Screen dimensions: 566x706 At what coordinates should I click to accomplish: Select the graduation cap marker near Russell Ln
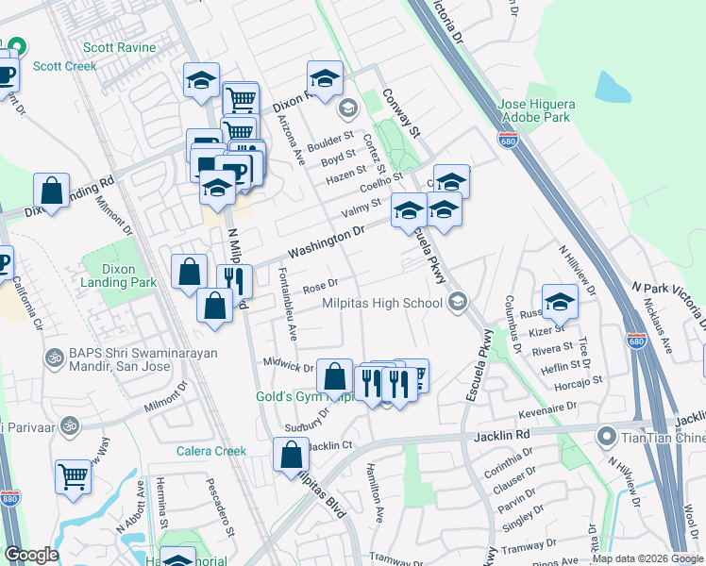point(560,301)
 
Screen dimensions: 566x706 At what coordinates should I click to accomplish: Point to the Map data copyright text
point(647,558)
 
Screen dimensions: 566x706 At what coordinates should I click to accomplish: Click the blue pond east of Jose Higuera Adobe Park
point(614,87)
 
